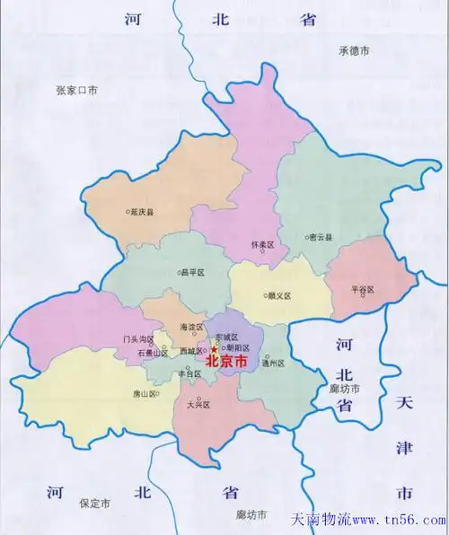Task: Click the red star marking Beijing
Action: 213,349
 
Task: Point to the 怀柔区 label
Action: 263,244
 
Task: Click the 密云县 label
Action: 321,237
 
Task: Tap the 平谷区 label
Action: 363,290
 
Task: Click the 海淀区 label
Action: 192,328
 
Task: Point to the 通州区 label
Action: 273,364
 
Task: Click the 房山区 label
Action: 143,394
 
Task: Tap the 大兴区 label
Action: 198,405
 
